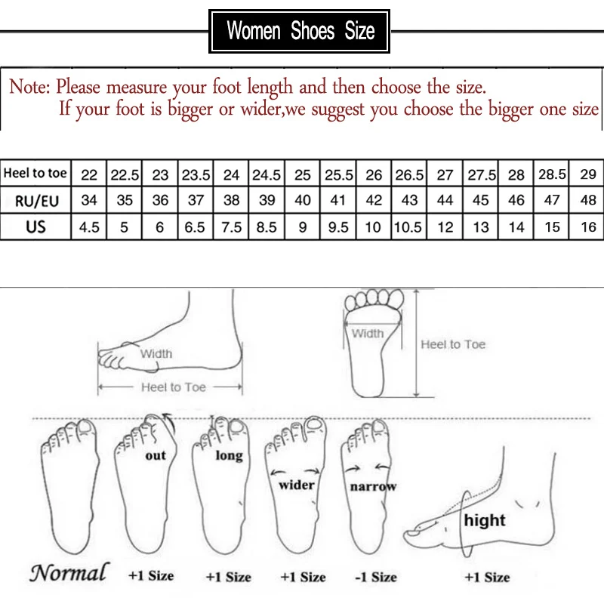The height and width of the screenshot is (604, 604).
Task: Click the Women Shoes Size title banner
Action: [300, 31]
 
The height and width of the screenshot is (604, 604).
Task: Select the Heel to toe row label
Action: [35, 174]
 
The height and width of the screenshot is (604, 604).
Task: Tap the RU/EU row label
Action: [35, 200]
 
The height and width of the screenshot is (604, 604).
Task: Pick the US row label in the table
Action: [35, 226]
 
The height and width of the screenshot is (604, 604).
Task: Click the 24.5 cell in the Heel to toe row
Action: [267, 174]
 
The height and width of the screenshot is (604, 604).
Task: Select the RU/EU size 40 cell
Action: [302, 201]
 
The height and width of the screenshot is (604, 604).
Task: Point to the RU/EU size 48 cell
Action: [588, 201]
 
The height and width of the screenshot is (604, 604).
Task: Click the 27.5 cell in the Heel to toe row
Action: [480, 174]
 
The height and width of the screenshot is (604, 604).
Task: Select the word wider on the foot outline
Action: [297, 485]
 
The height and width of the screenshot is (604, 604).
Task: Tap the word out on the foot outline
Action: [156, 456]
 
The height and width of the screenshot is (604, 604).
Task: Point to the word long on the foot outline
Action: [229, 455]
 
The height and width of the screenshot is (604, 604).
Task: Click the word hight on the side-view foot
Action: [485, 520]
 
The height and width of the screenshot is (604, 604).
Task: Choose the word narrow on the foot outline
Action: [373, 487]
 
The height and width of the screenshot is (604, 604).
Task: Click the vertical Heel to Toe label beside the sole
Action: [453, 344]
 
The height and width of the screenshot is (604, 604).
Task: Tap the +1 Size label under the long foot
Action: [228, 577]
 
